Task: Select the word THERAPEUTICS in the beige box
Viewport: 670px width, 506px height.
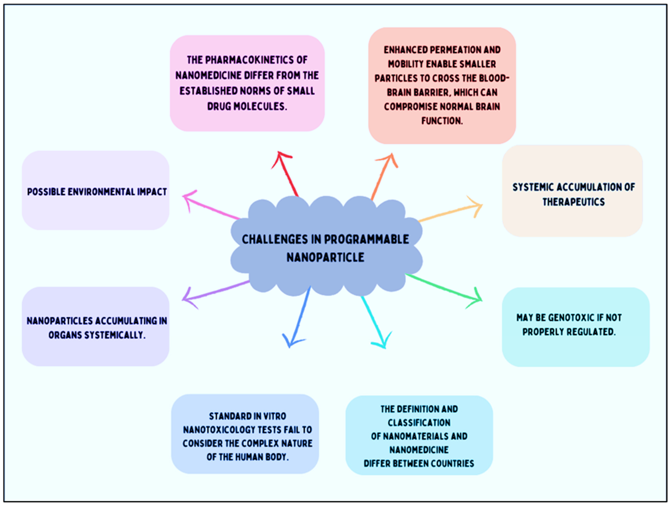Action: pyautogui.click(x=573, y=202)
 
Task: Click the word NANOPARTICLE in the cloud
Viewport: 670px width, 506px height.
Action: pyautogui.click(x=325, y=257)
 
